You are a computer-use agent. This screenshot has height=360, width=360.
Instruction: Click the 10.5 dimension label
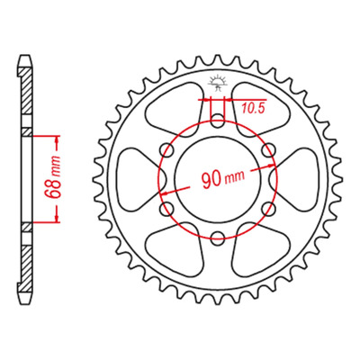coord(254,109)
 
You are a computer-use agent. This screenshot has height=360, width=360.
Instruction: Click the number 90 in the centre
coord(212,180)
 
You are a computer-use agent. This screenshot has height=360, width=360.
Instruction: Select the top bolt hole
coord(218,121)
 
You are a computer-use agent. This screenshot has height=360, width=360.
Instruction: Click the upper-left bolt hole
coord(167,150)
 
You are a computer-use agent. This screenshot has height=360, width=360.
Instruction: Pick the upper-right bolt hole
coord(269,150)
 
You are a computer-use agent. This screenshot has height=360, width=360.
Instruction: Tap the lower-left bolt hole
coord(167,209)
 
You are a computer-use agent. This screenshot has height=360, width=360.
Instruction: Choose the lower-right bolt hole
coord(269,209)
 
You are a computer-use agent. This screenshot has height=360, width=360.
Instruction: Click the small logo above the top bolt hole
coord(218,84)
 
